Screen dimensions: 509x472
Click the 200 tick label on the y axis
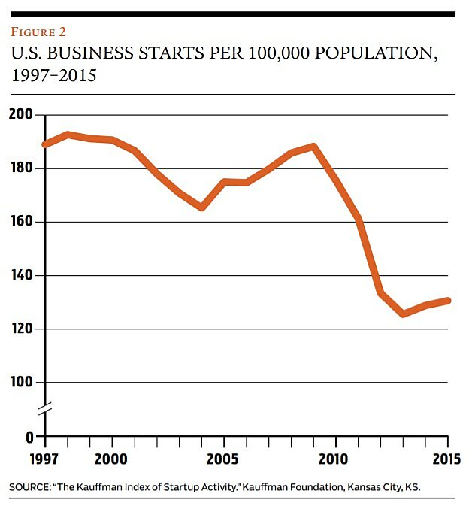pos(23,114)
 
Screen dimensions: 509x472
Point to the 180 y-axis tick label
pos(23,168)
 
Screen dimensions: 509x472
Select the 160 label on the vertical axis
pos(23,222)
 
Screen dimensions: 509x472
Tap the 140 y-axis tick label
pos(23,276)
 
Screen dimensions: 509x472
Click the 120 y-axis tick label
pos(23,329)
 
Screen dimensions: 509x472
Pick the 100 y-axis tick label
pos(23,383)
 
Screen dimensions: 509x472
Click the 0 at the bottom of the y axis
pos(30,436)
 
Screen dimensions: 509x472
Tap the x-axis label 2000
pos(112,458)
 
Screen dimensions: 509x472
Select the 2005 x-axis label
pos(223,458)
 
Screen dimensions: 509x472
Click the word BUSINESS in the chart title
pos(87,54)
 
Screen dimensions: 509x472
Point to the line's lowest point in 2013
pos(404,314)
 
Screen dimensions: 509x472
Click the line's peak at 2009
pos(314,146)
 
